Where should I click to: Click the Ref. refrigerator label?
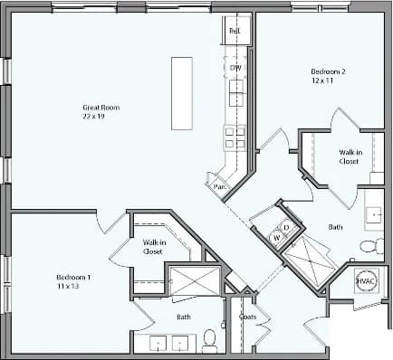coord(235,31)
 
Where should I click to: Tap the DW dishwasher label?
coord(235,68)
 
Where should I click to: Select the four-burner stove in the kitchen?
coord(235,137)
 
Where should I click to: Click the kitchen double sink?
coord(236,91)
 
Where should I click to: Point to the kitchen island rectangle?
coord(182,93)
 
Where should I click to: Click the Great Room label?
coord(101,108)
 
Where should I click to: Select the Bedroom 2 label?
coord(327,71)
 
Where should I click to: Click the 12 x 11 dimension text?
coord(323,81)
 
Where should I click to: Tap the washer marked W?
coord(278,237)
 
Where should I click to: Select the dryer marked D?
coord(286,226)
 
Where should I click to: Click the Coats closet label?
coord(247,317)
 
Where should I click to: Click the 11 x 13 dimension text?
coord(69,286)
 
